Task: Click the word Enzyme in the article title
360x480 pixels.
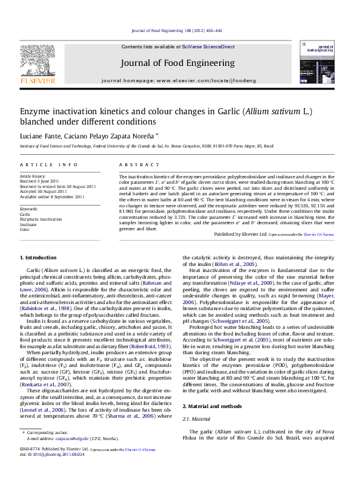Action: tap(38, 112)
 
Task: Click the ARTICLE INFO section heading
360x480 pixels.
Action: tap(48, 164)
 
